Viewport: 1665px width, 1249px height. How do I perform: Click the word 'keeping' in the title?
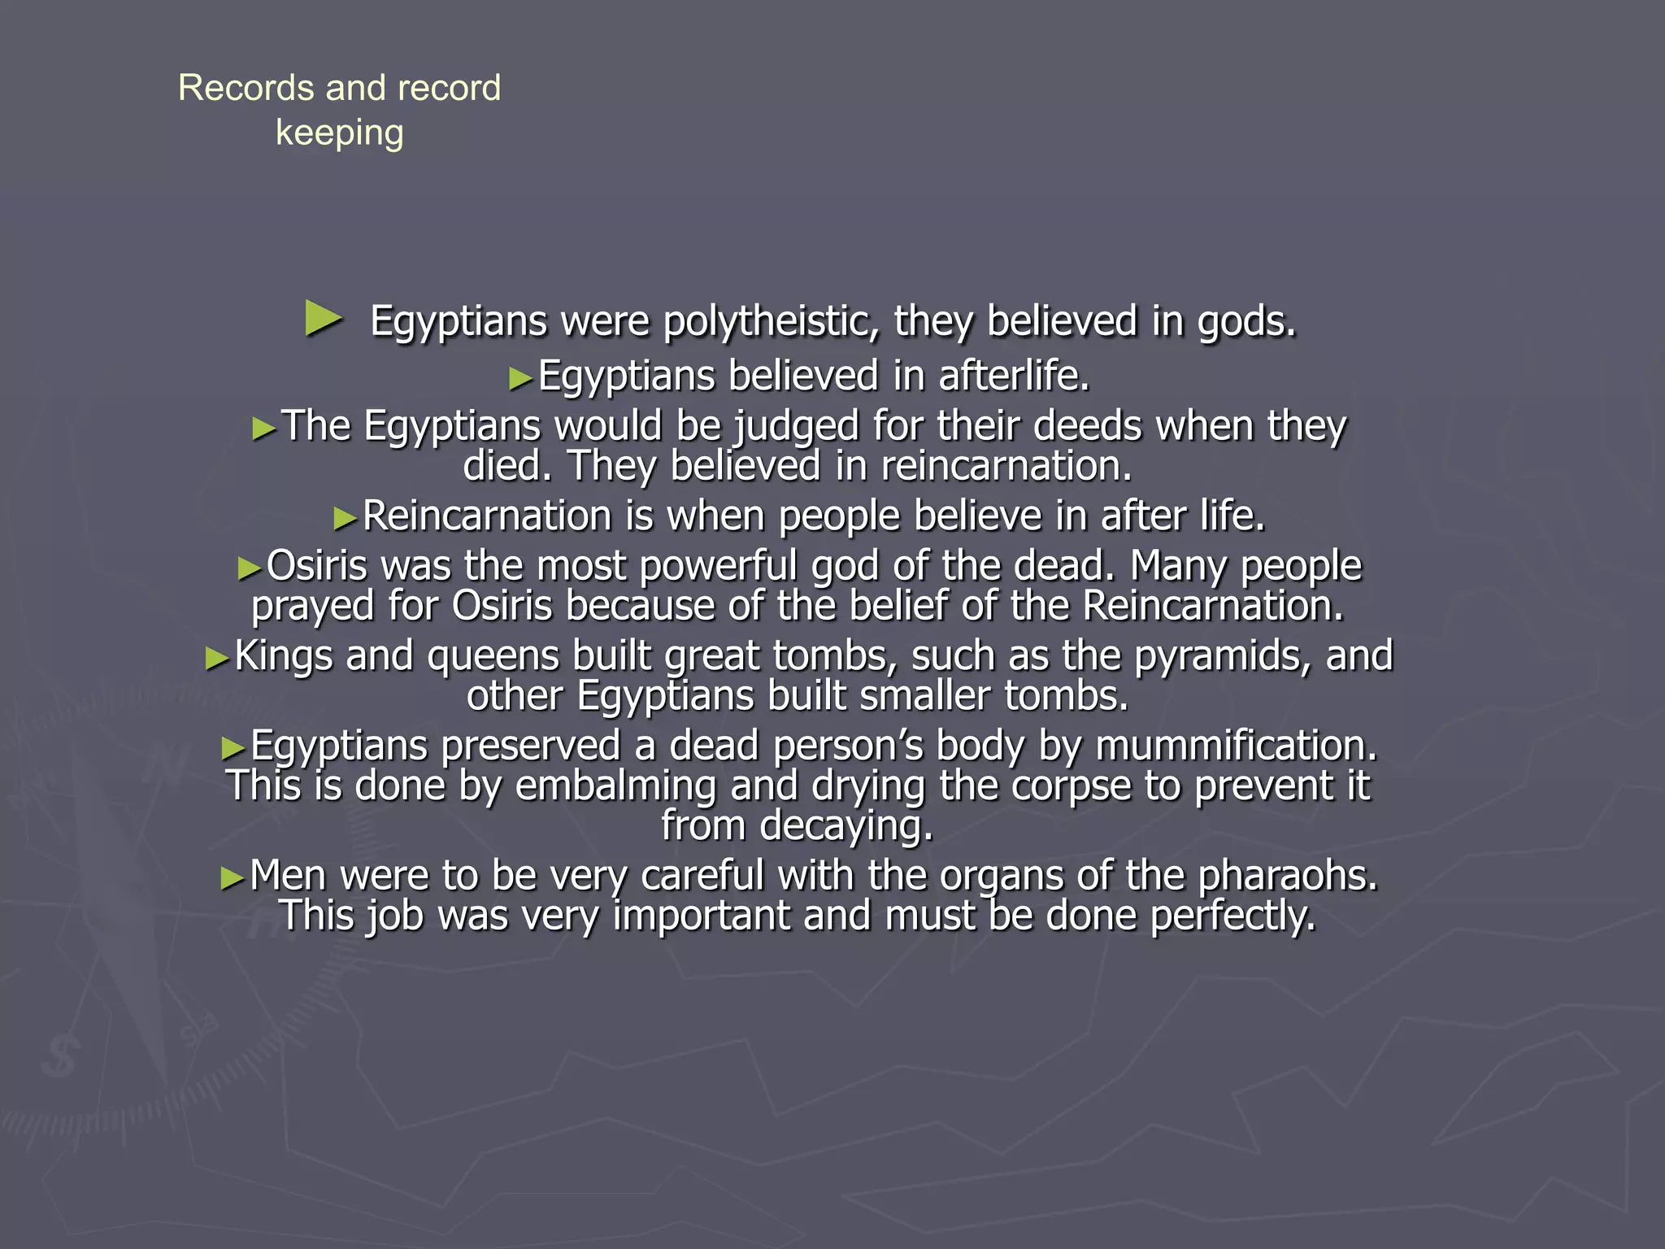point(339,133)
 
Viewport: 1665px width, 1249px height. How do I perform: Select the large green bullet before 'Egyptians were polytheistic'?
point(323,318)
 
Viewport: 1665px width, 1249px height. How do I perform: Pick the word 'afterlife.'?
point(1014,376)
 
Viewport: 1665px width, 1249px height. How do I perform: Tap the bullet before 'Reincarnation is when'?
point(345,518)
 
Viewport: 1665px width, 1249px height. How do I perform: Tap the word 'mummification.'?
point(1237,745)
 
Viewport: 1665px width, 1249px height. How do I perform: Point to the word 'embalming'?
point(615,786)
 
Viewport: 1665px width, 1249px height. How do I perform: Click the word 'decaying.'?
point(846,826)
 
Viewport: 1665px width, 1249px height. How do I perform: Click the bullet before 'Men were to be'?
point(232,878)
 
